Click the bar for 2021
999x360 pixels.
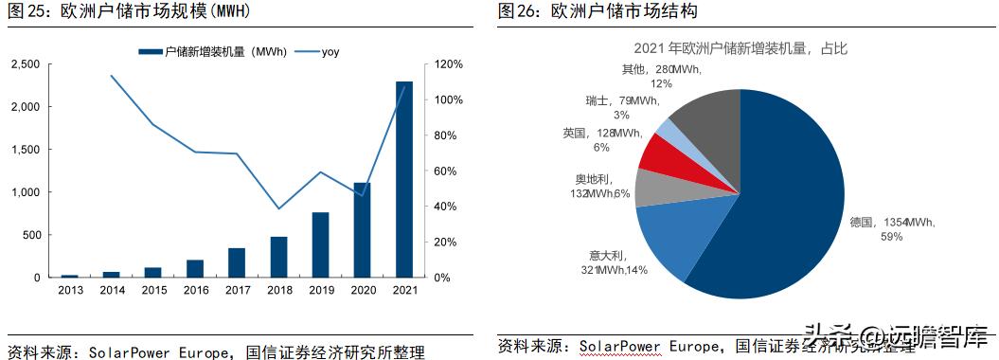pos(403,180)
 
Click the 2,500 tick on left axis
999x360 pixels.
pos(25,64)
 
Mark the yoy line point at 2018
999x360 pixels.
pos(278,208)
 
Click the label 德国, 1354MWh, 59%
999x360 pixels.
pos(892,228)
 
